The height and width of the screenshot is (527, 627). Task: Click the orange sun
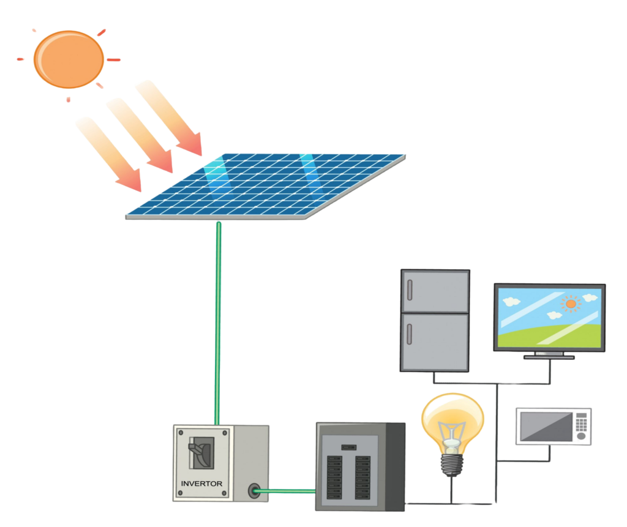click(68, 59)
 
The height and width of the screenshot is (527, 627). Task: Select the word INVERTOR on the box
click(201, 484)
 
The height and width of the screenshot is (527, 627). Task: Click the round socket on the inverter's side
click(253, 490)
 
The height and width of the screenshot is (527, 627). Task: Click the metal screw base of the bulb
click(452, 463)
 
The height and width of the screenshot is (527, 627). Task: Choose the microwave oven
click(553, 426)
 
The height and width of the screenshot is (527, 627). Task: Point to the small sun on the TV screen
click(571, 303)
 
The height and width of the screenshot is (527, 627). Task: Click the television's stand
click(549, 355)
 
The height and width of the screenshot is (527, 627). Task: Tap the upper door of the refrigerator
click(435, 291)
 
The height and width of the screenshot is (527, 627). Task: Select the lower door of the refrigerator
click(435, 342)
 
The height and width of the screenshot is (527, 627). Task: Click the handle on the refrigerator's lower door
click(410, 334)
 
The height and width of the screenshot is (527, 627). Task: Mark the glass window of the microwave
click(545, 427)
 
